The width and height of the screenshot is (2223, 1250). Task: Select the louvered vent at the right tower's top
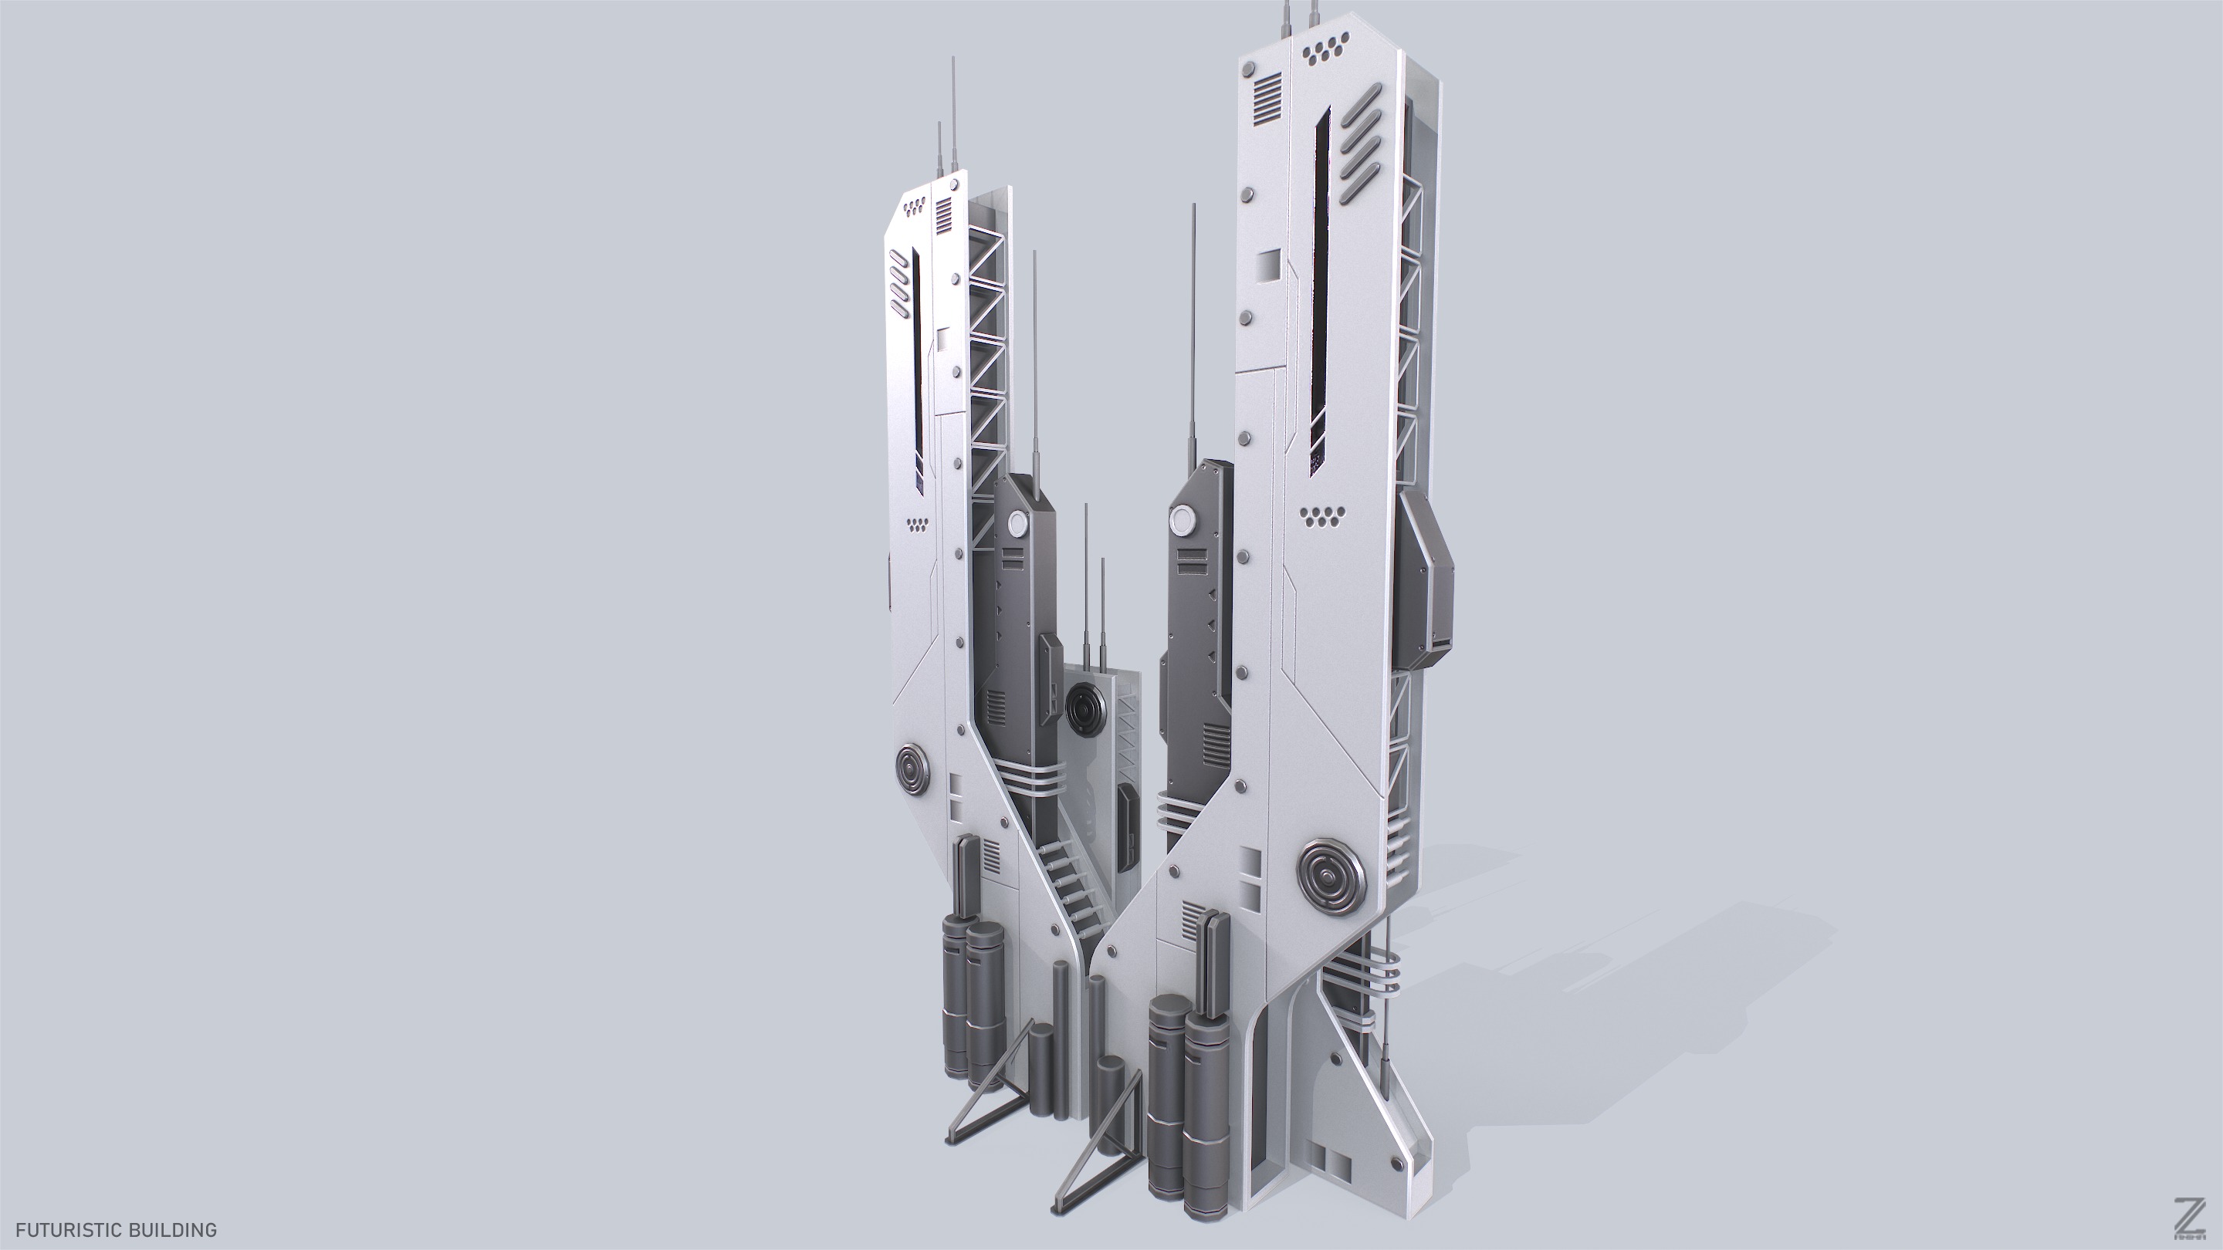coord(1267,109)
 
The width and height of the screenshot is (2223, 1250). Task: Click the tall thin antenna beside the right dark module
coord(1194,336)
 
